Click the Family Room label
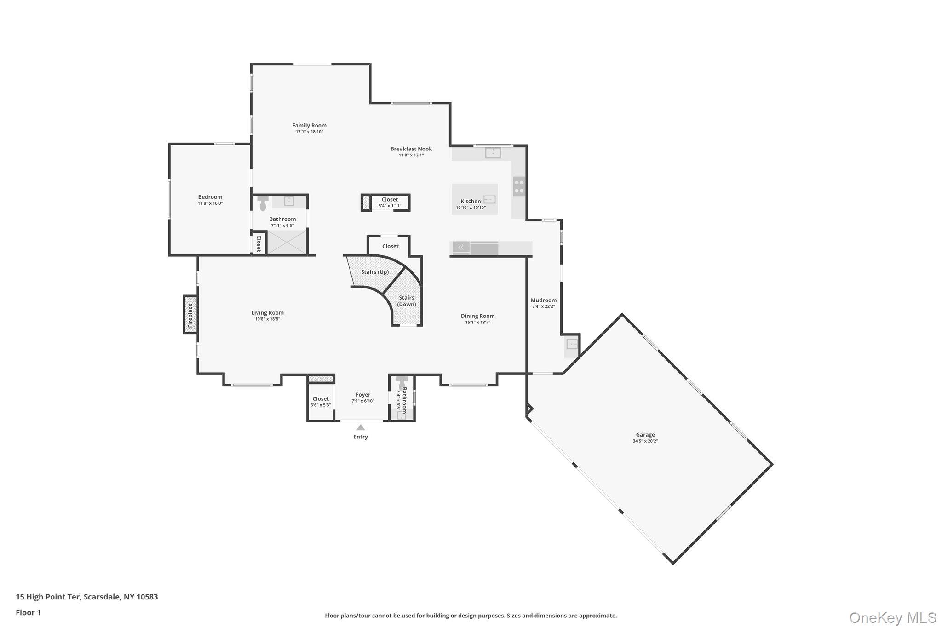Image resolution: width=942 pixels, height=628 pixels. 309,125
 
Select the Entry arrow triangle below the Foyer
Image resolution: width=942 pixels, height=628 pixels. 361,427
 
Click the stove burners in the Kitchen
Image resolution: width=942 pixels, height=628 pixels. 519,186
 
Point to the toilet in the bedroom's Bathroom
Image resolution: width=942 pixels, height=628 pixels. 263,203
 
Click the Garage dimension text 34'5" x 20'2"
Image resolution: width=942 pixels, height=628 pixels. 645,441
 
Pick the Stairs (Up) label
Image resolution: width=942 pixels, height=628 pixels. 374,272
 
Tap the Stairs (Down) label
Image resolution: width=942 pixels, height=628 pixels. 407,301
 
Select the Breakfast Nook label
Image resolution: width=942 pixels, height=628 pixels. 411,149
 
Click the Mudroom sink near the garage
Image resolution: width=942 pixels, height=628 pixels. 572,344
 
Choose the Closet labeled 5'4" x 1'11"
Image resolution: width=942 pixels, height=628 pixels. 389,202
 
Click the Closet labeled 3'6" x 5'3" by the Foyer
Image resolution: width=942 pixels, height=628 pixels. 321,402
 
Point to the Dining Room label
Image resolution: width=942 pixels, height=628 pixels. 477,316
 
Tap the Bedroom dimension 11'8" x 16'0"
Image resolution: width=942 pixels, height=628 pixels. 210,203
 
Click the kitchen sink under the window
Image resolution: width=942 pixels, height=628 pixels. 493,152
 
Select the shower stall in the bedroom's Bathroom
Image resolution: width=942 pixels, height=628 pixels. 287,242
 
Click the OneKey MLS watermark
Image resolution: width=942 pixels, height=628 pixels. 892,617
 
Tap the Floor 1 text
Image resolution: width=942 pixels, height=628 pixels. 28,612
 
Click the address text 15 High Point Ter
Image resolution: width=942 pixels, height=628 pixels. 48,597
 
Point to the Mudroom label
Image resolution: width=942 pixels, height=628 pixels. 543,300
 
